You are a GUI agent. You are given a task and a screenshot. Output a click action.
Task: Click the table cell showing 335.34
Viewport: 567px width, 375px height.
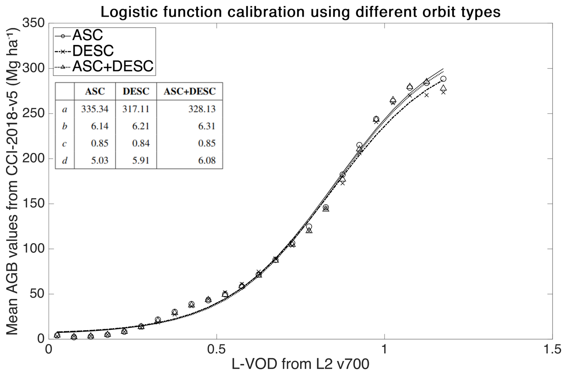click(95, 109)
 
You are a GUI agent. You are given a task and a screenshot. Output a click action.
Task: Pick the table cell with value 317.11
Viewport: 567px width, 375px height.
click(136, 109)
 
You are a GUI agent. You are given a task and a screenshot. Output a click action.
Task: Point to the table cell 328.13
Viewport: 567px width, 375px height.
click(202, 109)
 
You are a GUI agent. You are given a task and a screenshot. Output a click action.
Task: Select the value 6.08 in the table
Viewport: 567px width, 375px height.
click(206, 160)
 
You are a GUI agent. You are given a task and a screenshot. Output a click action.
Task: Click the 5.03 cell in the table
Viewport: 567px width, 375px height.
click(99, 160)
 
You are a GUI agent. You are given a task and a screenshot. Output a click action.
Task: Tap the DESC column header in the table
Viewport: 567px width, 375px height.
click(136, 91)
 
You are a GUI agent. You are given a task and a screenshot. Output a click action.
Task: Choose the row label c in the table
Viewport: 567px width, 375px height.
click(64, 143)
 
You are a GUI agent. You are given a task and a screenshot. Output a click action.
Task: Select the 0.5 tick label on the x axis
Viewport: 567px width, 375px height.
click(216, 350)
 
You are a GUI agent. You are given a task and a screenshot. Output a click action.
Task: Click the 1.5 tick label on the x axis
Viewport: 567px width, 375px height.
click(552, 350)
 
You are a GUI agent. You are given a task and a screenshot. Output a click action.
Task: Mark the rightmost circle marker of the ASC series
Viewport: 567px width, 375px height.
click(443, 79)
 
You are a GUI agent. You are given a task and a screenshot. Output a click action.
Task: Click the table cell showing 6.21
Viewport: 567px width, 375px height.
click(141, 126)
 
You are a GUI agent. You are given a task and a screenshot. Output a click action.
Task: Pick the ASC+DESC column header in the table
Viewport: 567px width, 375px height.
click(189, 91)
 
